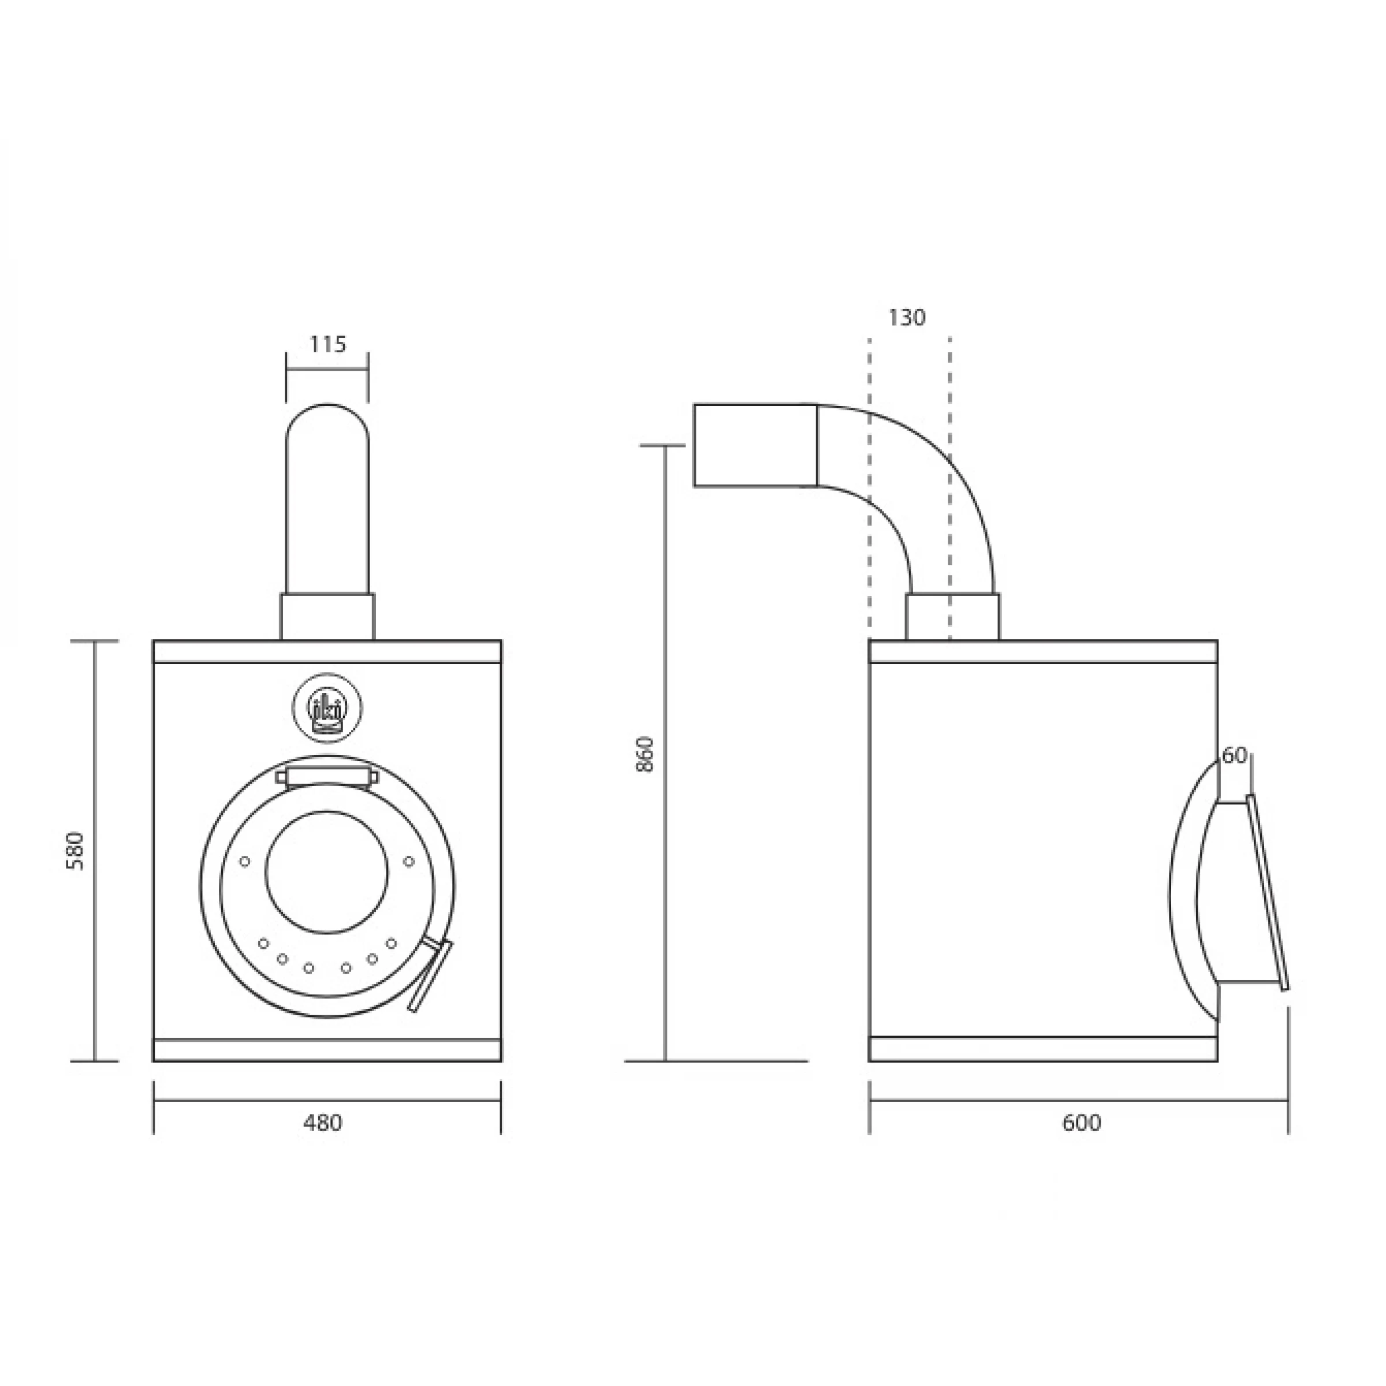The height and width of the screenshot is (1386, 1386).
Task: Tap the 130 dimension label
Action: [x=907, y=317]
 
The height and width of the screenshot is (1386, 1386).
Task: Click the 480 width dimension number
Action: [x=323, y=1123]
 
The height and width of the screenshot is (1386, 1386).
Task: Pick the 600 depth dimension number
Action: [x=1081, y=1123]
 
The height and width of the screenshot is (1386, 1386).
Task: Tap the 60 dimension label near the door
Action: [x=1234, y=755]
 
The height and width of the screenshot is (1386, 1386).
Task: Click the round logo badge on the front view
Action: [x=327, y=708]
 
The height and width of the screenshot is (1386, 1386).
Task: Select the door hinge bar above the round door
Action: [x=327, y=776]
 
